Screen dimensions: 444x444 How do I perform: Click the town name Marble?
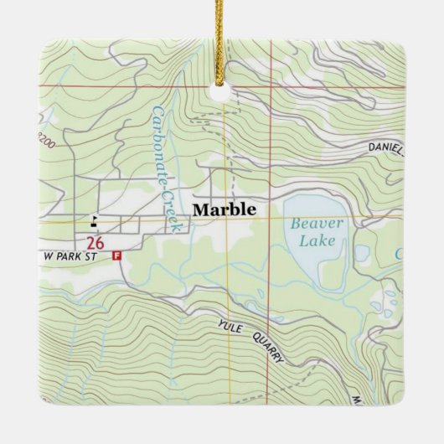(223, 210)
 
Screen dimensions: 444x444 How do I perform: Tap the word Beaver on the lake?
(313, 224)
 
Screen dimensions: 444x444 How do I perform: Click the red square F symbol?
(116, 256)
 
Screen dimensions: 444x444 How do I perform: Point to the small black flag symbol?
(94, 221)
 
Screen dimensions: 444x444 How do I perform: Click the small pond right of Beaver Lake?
(362, 252)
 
